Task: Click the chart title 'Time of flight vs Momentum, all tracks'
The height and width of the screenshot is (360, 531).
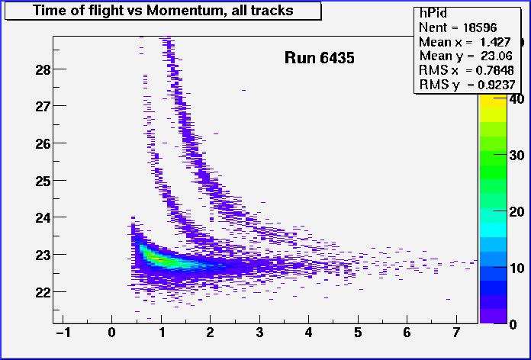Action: [163, 11]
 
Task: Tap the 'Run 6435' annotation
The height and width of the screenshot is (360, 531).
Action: [320, 57]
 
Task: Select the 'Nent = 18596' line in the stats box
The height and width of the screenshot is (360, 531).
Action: [458, 27]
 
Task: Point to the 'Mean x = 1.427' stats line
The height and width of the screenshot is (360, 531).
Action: [465, 42]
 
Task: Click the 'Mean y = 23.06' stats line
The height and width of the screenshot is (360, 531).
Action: [465, 56]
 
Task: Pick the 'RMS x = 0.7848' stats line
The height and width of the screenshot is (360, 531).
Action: [466, 70]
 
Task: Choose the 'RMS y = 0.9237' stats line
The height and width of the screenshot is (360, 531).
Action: [468, 85]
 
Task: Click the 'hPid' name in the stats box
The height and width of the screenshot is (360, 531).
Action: [433, 13]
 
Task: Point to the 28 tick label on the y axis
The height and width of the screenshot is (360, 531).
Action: [43, 70]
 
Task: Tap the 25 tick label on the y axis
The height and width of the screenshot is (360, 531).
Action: [43, 182]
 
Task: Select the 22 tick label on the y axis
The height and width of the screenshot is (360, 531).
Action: [43, 292]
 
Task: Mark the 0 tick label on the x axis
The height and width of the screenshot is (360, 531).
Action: [111, 333]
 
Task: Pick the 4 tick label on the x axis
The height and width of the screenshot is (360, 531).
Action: [308, 333]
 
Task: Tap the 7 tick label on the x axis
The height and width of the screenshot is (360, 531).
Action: [456, 333]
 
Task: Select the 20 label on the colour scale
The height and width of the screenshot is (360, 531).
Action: [517, 212]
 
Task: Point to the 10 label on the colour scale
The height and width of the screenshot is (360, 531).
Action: [517, 268]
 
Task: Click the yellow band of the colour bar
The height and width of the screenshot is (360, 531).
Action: [494, 101]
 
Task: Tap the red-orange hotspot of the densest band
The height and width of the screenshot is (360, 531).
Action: [156, 259]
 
